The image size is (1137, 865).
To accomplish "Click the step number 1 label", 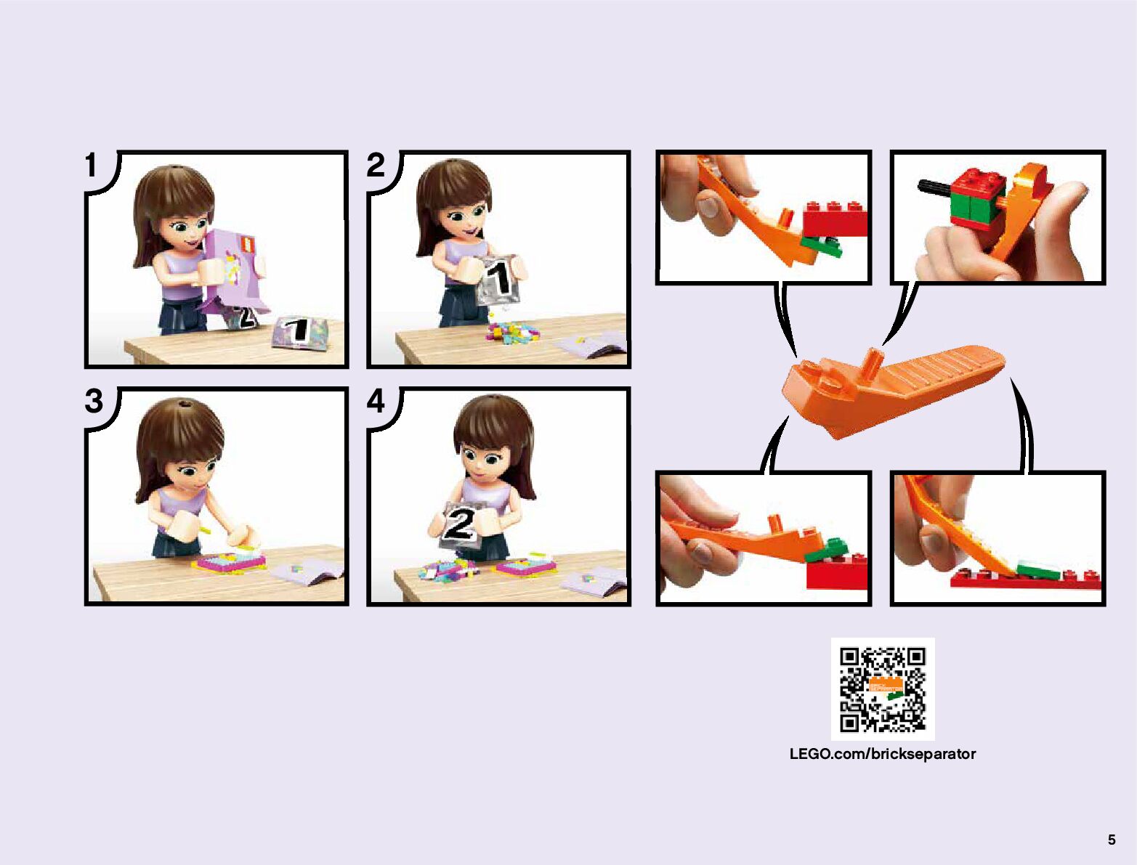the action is pyautogui.click(x=91, y=165).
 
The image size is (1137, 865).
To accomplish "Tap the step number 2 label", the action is pyautogui.click(x=376, y=165).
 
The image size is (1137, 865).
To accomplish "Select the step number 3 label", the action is pyautogui.click(x=94, y=401).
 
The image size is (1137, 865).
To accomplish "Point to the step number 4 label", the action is pyautogui.click(x=376, y=401).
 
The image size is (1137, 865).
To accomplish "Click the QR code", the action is pyautogui.click(x=883, y=689).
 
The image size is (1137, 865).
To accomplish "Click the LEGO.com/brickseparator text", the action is pyautogui.click(x=882, y=754).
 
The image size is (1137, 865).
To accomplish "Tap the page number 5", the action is pyautogui.click(x=1112, y=840).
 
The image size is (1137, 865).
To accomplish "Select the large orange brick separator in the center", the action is pyautogui.click(x=893, y=390).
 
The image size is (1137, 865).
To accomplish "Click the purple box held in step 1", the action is pyautogui.click(x=235, y=272).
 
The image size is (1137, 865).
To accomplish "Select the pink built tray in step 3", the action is pyautogui.click(x=228, y=561).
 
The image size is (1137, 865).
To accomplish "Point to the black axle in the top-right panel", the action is pyautogui.click(x=935, y=187).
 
